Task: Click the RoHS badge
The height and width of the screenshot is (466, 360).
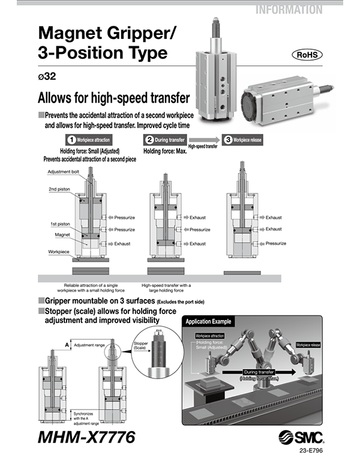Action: click(x=306, y=54)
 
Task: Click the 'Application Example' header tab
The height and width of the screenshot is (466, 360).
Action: click(x=208, y=321)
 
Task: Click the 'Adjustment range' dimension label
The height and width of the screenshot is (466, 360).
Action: click(x=91, y=345)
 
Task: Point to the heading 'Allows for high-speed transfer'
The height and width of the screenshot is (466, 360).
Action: click(x=113, y=98)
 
